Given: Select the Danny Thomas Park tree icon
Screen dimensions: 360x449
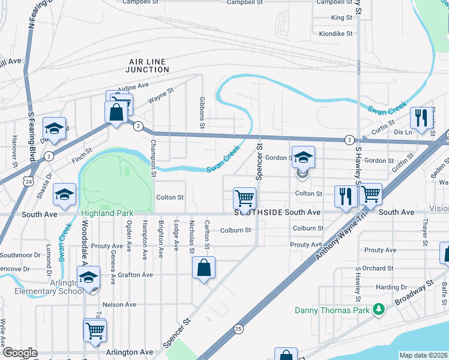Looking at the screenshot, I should (378, 310).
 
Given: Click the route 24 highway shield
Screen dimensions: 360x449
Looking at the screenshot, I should (29, 180).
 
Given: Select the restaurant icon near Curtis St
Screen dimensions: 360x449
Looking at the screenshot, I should (420, 116).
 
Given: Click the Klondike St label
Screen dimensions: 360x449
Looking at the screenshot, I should (336, 34).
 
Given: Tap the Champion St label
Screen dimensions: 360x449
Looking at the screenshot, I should (154, 158).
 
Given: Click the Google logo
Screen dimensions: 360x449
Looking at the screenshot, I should (20, 353).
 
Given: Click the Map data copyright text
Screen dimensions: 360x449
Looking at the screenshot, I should (424, 355).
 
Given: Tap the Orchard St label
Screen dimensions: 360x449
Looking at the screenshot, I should (378, 268).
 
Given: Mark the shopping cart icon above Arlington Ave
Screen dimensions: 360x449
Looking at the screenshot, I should (95, 329).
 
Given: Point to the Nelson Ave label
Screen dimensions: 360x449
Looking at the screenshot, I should (120, 304).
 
